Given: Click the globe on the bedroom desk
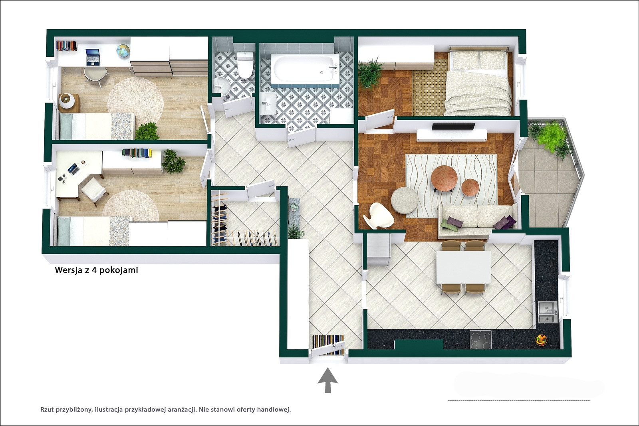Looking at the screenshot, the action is (123, 52).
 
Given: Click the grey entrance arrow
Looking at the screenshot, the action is (328, 380).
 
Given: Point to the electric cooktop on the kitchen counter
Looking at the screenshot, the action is (481, 340).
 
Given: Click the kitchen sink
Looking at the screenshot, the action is (548, 312).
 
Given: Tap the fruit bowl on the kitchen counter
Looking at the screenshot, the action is (541, 340).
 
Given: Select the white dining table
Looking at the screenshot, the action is (464, 267).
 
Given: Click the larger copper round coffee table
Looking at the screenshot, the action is (444, 178).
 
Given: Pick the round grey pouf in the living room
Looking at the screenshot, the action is (405, 200).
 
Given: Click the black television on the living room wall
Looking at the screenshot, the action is (454, 126).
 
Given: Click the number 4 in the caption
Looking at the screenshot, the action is (93, 270).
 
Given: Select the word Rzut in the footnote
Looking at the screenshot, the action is (47, 410).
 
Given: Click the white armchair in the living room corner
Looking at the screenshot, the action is (379, 216).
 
